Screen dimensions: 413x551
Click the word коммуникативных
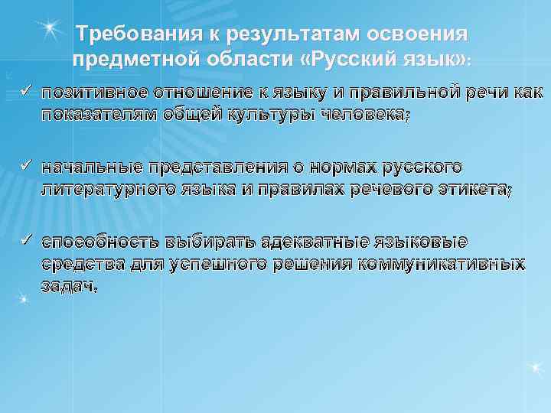(447, 264)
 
